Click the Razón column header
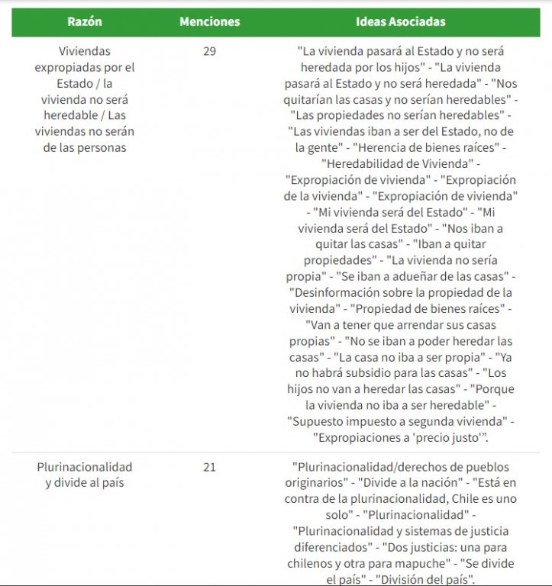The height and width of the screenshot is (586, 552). (x=85, y=22)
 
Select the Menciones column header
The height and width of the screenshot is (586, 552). (x=209, y=22)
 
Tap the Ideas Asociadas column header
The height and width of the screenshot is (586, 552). (x=401, y=22)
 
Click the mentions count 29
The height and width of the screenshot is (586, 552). (x=209, y=51)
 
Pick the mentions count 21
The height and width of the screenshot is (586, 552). (x=209, y=466)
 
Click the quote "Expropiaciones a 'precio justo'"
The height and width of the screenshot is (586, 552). (x=400, y=436)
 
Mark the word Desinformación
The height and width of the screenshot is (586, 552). (x=336, y=291)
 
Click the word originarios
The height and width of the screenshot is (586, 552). (x=329, y=482)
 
